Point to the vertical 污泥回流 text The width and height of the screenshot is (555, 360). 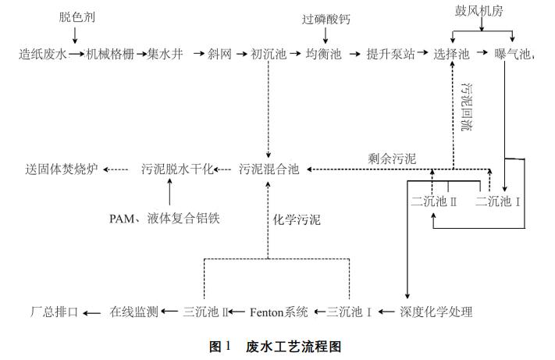(467, 105)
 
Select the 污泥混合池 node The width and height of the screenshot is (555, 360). (269, 169)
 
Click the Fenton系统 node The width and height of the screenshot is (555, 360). (279, 312)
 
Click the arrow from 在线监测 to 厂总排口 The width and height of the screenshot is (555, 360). (92, 312)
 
